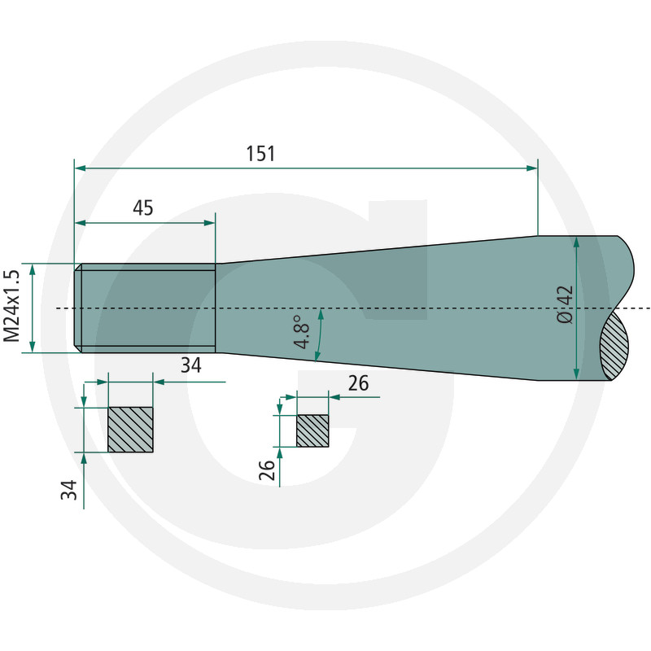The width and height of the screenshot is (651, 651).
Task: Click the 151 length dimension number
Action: [x=260, y=154]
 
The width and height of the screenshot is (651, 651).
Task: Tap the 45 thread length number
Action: [x=143, y=208]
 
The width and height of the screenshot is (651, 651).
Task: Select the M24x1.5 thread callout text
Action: [x=11, y=306]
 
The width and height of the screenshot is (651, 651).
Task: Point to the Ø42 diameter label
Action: [x=565, y=304]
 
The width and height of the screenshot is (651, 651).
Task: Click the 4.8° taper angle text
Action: [x=302, y=332]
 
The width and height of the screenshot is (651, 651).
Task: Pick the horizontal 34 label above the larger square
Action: [x=191, y=365]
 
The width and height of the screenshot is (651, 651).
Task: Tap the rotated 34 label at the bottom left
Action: [x=69, y=490]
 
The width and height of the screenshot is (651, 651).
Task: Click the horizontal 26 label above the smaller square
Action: [x=358, y=383]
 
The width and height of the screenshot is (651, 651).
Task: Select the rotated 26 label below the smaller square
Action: [x=267, y=470]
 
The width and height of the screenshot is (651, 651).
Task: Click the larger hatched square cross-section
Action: [x=130, y=430]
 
